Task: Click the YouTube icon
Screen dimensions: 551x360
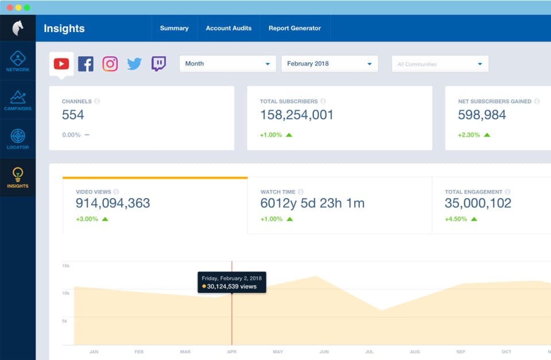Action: (x=61, y=64)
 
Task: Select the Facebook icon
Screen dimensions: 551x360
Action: (x=86, y=64)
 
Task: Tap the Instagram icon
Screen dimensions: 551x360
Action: (x=110, y=64)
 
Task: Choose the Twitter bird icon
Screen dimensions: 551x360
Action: (x=134, y=64)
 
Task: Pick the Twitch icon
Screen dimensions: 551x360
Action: (x=158, y=64)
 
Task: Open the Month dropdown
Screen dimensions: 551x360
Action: (x=228, y=64)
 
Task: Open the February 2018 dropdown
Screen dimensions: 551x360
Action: (x=329, y=64)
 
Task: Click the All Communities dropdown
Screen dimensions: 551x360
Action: (x=440, y=64)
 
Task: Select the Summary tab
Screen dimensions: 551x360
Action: (x=174, y=28)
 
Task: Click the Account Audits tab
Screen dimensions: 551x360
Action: (x=229, y=28)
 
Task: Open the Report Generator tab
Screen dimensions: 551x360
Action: (x=295, y=28)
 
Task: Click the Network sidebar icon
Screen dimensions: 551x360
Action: (x=18, y=58)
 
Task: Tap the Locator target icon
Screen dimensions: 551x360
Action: (x=18, y=136)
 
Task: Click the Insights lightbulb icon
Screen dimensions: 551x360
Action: (x=18, y=174)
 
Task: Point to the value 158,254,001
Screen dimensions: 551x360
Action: (x=297, y=115)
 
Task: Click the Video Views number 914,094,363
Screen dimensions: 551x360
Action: (x=113, y=203)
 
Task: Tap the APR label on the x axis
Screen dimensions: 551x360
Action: (x=231, y=351)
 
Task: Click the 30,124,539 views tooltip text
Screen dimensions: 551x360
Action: (x=231, y=287)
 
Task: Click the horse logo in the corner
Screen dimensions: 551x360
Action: (x=18, y=28)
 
